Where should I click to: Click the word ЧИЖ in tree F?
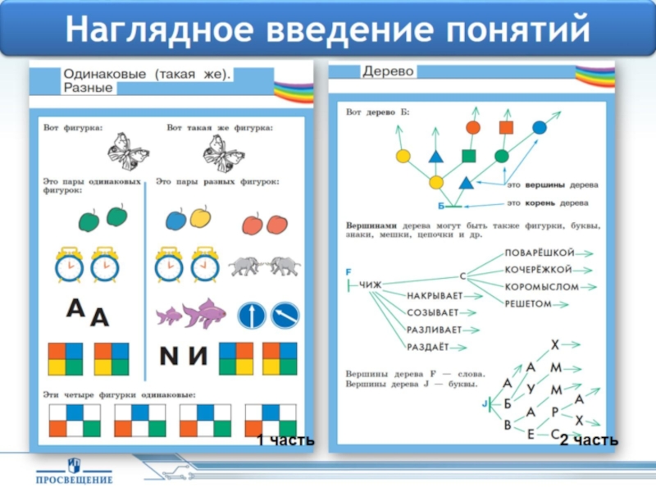(x=371, y=285)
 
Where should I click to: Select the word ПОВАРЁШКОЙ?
(x=539, y=252)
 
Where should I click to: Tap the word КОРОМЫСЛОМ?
(x=541, y=287)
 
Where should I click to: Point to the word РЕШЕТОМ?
(x=528, y=304)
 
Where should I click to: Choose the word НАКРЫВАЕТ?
(x=435, y=295)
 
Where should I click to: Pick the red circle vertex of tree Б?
(x=472, y=127)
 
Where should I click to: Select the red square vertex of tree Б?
(x=506, y=127)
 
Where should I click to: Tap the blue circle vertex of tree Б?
(x=539, y=127)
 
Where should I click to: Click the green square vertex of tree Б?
(x=468, y=156)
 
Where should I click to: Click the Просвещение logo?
(x=74, y=471)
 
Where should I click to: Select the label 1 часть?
(x=285, y=441)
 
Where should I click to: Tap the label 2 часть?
(x=588, y=441)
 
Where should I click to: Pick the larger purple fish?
(x=206, y=312)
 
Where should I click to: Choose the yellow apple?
(x=200, y=216)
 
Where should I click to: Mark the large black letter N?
(x=168, y=357)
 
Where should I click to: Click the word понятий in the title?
(x=518, y=30)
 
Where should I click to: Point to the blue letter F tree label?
(x=348, y=271)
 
